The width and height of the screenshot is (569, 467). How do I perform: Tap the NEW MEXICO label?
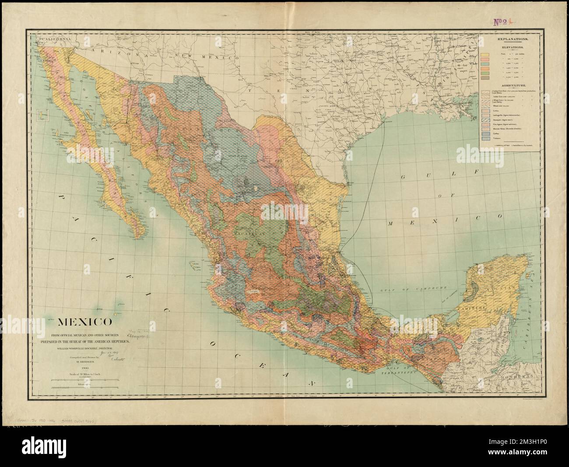coord(205,56)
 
